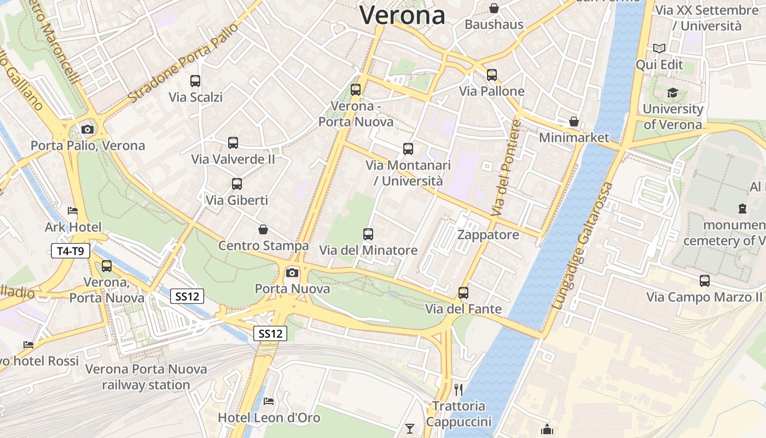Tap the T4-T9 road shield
point(71,251)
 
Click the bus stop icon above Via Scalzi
point(195,81)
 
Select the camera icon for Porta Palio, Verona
point(87,130)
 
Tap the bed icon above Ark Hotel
point(73,211)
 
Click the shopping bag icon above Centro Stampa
point(263,229)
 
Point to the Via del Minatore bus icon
point(368,234)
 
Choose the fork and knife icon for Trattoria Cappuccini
point(459,390)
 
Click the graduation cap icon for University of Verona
point(672,93)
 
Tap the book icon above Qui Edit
point(659,49)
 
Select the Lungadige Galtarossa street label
point(582,246)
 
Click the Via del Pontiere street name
point(506,167)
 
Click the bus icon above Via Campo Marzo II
point(705,281)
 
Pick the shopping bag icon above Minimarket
point(573,121)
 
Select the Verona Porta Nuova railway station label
point(146,377)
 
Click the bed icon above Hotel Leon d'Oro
point(269,401)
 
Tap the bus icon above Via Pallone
point(492,75)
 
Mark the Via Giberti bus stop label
point(237,200)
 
